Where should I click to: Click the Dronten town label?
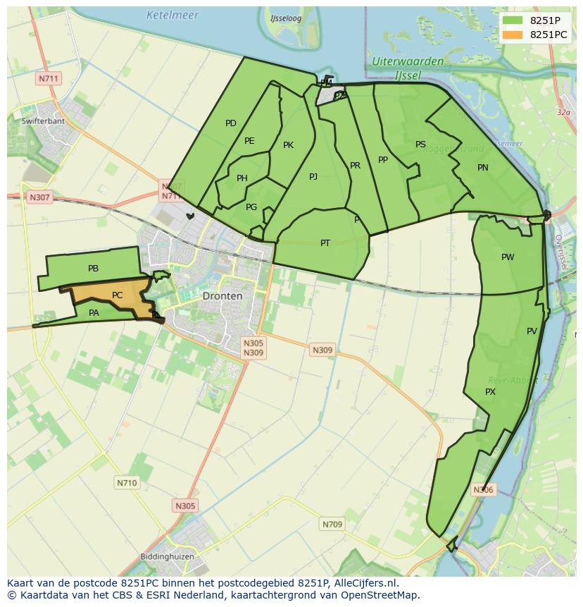(x=222, y=296)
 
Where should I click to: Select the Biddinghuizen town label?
(x=165, y=556)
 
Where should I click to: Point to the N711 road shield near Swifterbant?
(x=49, y=78)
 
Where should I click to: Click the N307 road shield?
(x=39, y=197)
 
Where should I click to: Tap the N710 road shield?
(x=127, y=483)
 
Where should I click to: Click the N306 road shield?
(x=483, y=490)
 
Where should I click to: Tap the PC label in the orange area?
(x=118, y=295)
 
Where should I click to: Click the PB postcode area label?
(x=94, y=269)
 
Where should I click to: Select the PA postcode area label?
(x=94, y=313)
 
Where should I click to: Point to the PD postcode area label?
(x=231, y=123)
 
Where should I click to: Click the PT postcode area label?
(x=325, y=243)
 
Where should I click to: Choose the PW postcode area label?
(x=508, y=257)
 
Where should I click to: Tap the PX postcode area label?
(x=491, y=392)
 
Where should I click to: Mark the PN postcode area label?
(x=483, y=168)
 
